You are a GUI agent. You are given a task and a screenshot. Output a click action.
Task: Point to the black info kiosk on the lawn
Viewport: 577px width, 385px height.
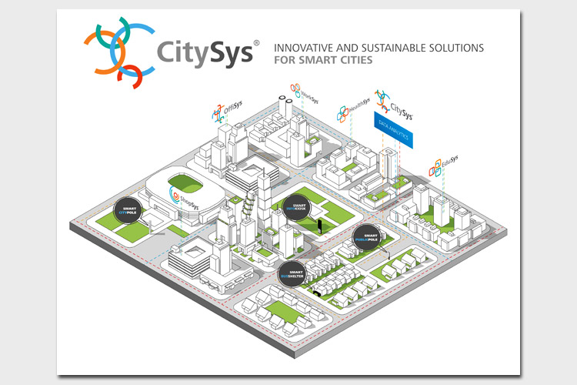319,226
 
